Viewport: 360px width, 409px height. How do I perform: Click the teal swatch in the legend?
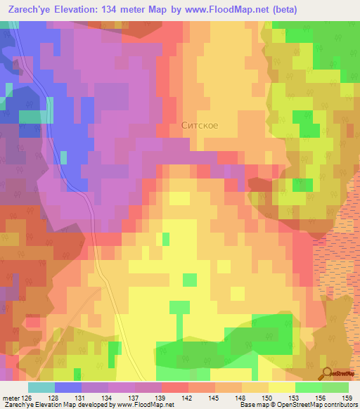(41, 387)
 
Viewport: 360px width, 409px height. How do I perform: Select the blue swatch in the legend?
(68, 387)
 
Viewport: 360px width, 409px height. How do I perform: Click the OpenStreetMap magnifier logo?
(328, 372)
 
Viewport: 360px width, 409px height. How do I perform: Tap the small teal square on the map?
(64, 157)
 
